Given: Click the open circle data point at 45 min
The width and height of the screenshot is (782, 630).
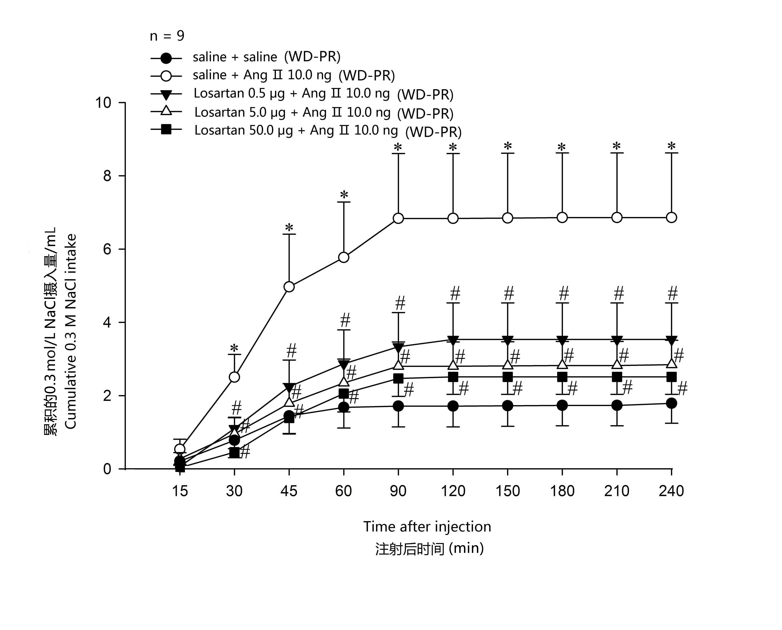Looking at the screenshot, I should pos(289,287).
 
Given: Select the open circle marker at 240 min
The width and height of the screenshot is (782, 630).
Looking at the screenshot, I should pos(672,217).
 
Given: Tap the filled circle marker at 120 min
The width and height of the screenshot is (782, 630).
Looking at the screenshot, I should pos(453,406).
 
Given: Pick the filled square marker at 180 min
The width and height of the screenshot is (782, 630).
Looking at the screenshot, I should pos(562,377).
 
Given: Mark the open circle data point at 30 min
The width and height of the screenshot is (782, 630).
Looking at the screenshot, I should pos(234,377).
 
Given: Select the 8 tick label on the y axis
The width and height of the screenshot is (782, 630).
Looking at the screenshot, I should pos(107,176).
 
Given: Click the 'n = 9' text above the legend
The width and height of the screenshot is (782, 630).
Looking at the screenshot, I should pos(167,36).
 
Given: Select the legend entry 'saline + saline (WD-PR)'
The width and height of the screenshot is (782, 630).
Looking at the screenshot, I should pos(266,57).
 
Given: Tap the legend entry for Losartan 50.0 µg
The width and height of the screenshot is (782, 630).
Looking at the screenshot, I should pos(328,131).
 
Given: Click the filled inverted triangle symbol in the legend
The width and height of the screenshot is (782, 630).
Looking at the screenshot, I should pos(166,95).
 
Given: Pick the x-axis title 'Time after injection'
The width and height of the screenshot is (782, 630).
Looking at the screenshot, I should pos(427,526).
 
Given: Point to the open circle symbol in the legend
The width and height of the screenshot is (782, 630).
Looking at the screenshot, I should pos(166,76).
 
